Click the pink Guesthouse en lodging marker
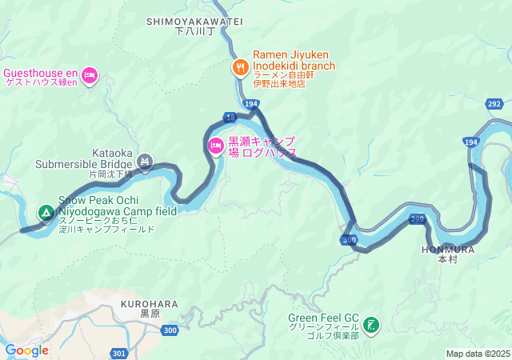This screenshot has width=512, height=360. (90, 75)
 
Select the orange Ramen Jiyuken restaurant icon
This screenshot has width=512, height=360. (239, 67)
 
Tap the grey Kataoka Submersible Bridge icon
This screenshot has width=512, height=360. (145, 162)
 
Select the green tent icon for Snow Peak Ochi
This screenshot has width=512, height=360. (46, 213)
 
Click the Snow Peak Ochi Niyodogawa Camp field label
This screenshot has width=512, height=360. (117, 212)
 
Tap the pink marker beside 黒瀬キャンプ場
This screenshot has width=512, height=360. (215, 146)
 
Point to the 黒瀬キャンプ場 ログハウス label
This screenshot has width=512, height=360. (262, 146)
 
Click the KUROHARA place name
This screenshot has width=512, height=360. (149, 305)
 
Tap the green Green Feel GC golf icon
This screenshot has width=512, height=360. (371, 325)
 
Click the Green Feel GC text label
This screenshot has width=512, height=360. (323, 325)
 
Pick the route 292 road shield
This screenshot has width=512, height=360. (494, 104)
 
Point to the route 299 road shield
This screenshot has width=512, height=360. (417, 218)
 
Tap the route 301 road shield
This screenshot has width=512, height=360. (119, 353)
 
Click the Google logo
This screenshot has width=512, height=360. (26, 350)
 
